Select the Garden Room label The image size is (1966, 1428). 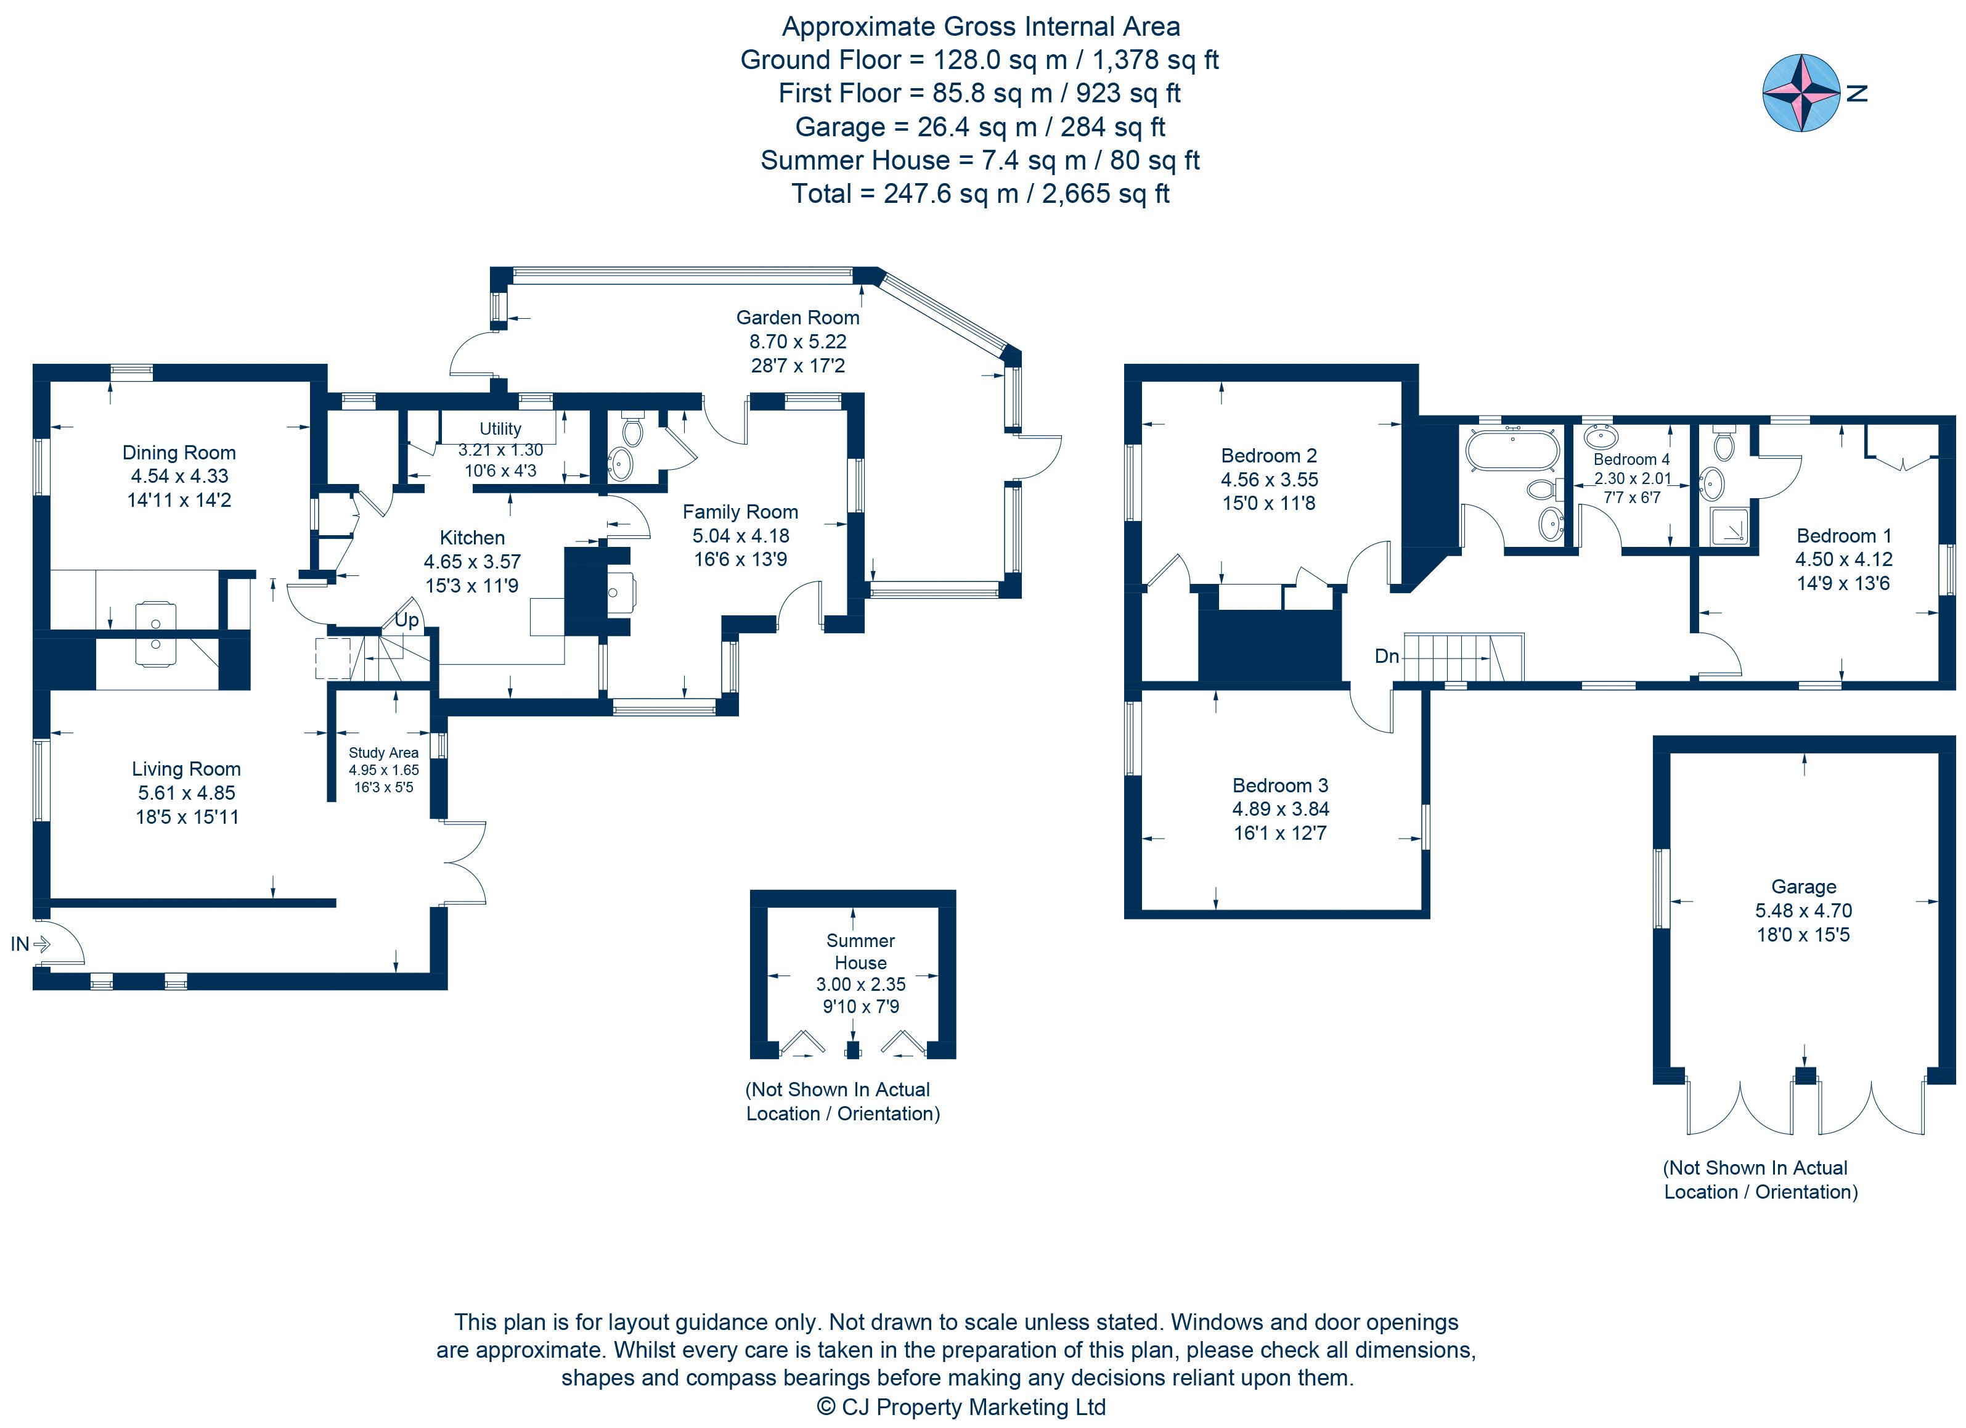pos(797,318)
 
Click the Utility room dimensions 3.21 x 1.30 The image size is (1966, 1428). pos(500,450)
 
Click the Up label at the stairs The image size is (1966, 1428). pos(407,620)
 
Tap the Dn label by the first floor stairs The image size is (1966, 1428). pos(1386,656)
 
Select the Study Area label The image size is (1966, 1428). pos(383,753)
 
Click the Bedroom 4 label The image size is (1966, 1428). pos(1631,459)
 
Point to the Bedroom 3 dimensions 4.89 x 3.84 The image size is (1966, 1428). pos(1280,809)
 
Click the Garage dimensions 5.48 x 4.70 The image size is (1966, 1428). pos(1803,911)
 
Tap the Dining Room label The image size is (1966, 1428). pos(179,453)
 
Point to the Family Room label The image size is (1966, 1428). pos(740,512)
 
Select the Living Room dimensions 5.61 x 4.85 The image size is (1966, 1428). pos(186,792)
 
